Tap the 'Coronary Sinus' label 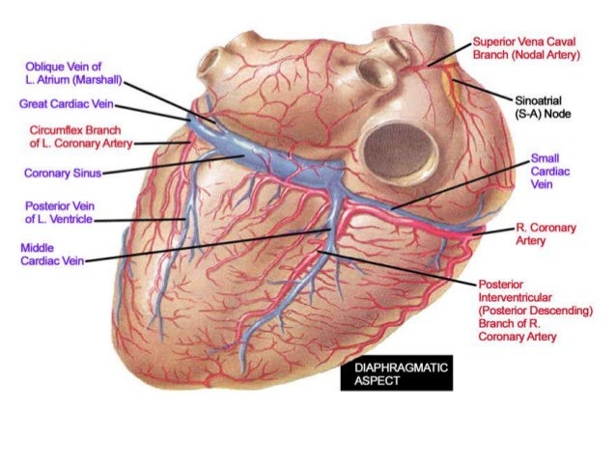[x=60, y=175]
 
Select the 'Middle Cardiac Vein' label [x=48, y=254]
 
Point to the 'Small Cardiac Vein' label [x=546, y=170]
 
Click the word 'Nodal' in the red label [x=536, y=56]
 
